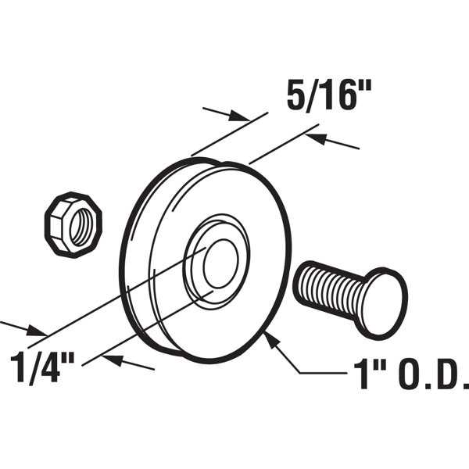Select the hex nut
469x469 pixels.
71,223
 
